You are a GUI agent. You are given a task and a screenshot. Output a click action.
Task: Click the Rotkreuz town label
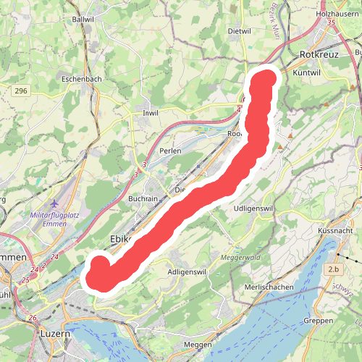(x=319, y=54)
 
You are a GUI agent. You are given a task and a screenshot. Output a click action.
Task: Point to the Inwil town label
(x=151, y=113)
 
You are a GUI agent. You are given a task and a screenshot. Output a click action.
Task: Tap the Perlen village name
(x=171, y=151)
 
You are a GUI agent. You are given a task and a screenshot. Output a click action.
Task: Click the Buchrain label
(x=143, y=198)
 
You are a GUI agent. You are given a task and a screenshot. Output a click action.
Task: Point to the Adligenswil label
(x=187, y=271)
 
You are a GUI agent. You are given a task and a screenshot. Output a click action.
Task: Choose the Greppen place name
(x=318, y=319)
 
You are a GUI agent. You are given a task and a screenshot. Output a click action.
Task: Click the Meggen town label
(x=198, y=344)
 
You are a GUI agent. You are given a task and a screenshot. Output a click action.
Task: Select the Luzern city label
(x=55, y=334)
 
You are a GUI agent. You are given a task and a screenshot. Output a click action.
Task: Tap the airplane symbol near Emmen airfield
(x=58, y=205)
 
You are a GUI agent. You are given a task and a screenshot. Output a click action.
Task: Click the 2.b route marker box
(x=334, y=270)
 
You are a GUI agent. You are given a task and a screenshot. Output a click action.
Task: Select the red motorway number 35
(x=331, y=24)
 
